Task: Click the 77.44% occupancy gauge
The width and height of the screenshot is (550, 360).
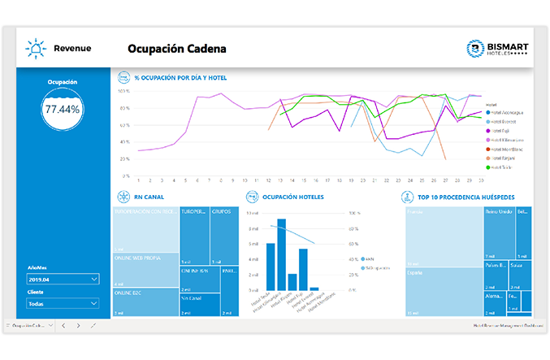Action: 63,109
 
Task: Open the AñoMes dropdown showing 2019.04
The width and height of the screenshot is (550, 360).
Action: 63,279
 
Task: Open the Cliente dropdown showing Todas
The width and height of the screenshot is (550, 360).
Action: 63,303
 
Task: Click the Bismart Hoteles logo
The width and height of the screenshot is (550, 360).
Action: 499,49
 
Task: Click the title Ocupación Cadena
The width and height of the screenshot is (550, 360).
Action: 176,49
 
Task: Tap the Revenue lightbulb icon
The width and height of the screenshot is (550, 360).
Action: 37,49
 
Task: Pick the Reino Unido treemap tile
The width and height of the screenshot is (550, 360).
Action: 498,232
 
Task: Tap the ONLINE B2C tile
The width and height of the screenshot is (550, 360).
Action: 145,301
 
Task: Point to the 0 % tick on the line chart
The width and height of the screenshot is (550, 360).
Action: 124,176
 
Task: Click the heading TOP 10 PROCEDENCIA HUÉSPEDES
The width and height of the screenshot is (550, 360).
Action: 466,197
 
